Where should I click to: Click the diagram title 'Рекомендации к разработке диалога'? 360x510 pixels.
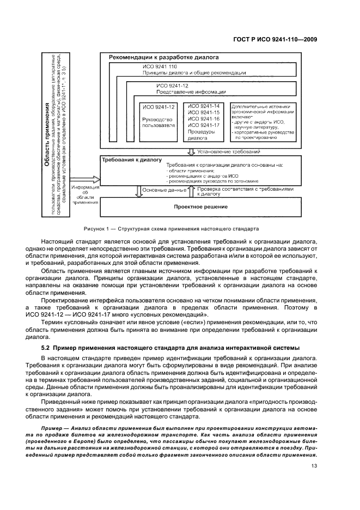(x=163, y=57)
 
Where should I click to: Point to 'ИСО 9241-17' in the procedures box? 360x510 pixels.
(x=203, y=125)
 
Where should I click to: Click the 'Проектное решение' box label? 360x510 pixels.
(x=193, y=207)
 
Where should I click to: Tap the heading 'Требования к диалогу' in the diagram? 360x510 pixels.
(x=132, y=160)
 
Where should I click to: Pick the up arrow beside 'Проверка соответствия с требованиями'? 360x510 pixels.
(x=191, y=191)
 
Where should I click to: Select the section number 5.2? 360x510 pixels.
(x=47, y=348)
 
